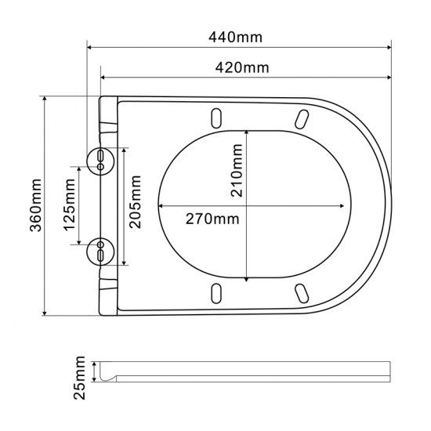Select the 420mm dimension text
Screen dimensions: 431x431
coord(241,67)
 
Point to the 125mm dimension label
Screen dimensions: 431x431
coord(71,206)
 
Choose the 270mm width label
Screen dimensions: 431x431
coord(212,218)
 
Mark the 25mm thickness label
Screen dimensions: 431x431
coord(79,377)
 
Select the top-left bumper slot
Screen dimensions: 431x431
coord(215,117)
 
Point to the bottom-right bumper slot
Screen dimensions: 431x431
coord(301,292)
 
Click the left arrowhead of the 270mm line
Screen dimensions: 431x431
coord(161,206)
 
